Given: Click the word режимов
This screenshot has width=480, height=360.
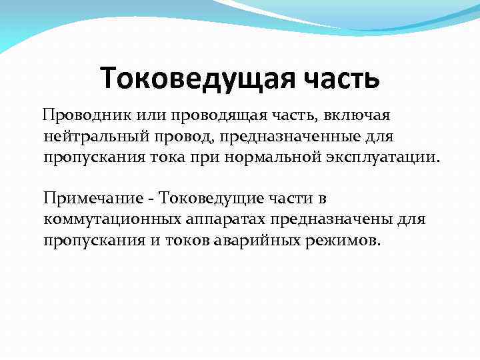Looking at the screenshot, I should [x=346, y=240].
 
